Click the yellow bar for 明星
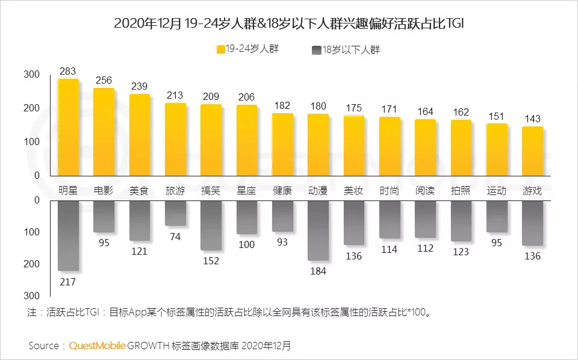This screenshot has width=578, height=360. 68,126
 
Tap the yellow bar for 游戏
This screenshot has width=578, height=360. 532,151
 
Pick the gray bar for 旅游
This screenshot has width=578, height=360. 175,213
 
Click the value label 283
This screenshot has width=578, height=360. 68,72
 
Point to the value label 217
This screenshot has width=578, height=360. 68,281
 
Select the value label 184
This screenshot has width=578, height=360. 318,271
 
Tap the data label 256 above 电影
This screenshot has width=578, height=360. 104,81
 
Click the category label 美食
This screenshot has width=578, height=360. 139,191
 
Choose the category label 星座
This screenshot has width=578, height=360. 246,191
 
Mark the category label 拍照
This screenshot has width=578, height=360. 461,191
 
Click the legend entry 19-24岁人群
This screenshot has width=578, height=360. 247,48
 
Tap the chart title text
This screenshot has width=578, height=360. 288,23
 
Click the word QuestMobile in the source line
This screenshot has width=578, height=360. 98,346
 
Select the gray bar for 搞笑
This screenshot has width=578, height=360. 211,225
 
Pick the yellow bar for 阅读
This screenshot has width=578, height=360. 425,147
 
